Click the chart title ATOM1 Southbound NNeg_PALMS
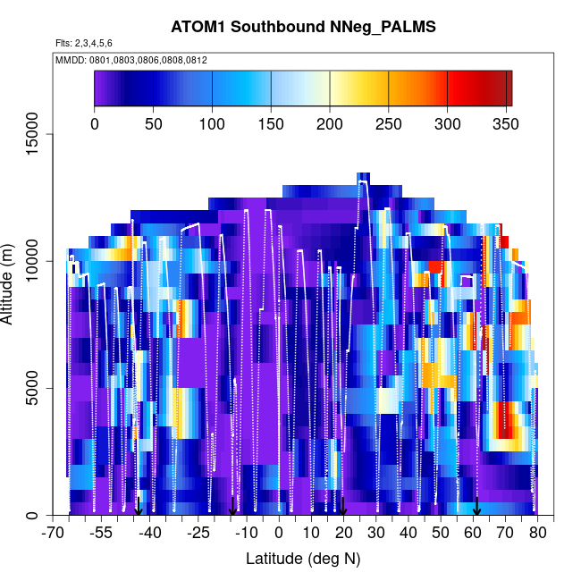[x=303, y=27]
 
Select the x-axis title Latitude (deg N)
[x=303, y=559]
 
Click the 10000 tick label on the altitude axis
[x=37, y=261]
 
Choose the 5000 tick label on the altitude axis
[x=37, y=389]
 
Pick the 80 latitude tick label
[x=538, y=534]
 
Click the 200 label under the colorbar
[x=330, y=123]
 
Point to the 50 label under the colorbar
[x=154, y=123]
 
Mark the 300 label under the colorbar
[x=447, y=123]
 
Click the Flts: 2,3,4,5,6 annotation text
[x=84, y=43]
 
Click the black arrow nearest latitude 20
[x=342, y=507]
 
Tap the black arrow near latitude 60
[x=477, y=507]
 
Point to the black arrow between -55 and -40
[x=138, y=507]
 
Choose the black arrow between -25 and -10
[x=232, y=507]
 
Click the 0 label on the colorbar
[x=95, y=123]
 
